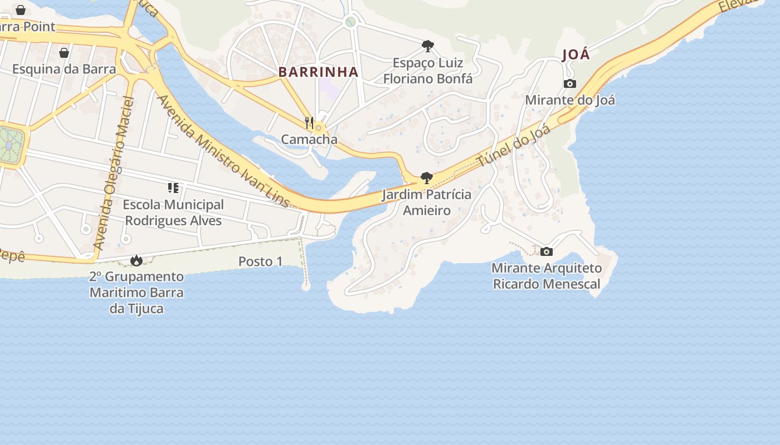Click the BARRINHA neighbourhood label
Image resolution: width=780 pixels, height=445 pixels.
pos(318,72)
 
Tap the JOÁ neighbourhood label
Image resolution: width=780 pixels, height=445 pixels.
pos(576,55)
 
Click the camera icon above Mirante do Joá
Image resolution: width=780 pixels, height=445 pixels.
pos(569,84)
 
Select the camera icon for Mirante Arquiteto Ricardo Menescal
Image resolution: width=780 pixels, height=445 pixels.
pos(547,251)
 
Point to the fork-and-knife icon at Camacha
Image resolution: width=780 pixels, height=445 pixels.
pos(309,122)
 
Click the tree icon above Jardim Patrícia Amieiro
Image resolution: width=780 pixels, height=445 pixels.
pos(427,178)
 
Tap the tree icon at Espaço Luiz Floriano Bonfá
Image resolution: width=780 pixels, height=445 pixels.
pos(428,46)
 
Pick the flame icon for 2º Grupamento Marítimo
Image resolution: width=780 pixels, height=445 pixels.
pos(136,260)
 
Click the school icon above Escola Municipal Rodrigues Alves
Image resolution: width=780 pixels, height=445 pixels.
pos(173,188)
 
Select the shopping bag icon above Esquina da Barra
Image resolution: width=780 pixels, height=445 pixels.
pos(64,53)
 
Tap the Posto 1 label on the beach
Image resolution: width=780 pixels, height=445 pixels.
pos(260,261)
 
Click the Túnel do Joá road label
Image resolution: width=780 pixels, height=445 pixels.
pos(514,146)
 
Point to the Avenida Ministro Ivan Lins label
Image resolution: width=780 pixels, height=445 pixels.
pos(223,151)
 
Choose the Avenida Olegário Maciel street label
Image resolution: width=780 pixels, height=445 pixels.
pos(114,173)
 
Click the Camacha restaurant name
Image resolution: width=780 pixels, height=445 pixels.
pos(309,139)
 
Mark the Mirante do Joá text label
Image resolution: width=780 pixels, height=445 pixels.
pos(570,100)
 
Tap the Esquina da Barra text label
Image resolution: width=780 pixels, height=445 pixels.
pos(64,69)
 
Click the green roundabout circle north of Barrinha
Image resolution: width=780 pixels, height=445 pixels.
pos(350,22)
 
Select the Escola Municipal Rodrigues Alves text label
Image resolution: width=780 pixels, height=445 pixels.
pos(173,212)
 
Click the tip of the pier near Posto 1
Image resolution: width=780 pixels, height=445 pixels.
pos(305,287)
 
